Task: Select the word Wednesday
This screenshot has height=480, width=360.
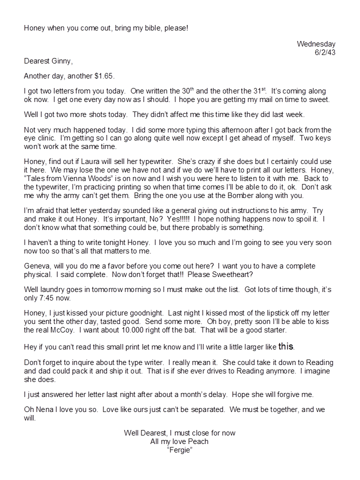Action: [316, 44]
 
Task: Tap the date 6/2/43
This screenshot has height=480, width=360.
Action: [323, 52]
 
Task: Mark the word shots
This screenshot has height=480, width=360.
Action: [101, 114]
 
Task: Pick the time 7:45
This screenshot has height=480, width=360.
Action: [51, 297]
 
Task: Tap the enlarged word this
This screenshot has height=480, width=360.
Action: [285, 345]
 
